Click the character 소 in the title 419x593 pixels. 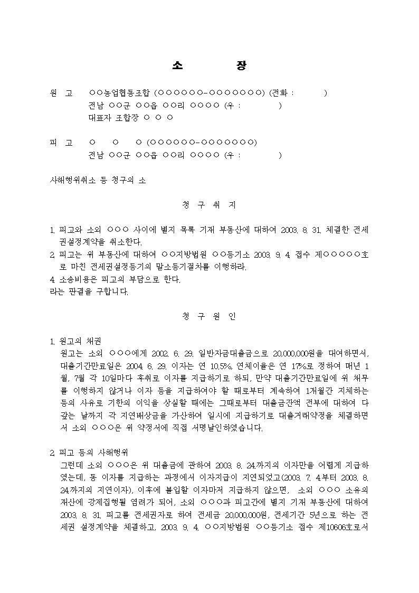[x=177, y=66]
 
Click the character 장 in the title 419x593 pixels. [x=241, y=66]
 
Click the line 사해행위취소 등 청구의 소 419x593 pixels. [x=97, y=180]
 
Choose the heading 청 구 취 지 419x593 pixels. [x=209, y=204]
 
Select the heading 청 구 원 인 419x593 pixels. [x=209, y=316]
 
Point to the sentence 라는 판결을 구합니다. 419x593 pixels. [x=88, y=291]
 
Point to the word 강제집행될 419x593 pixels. [x=106, y=503]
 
